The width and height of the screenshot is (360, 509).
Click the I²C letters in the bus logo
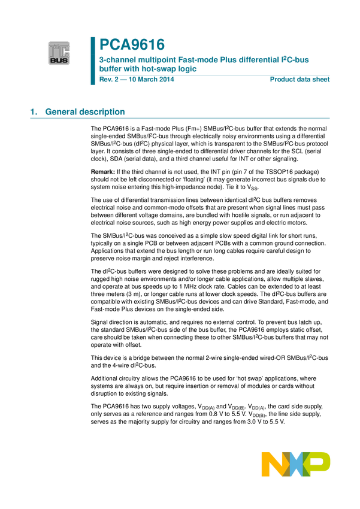click(x=59, y=50)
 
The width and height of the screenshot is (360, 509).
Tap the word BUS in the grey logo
click(x=59, y=60)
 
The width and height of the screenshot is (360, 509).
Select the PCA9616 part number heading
click(x=132, y=44)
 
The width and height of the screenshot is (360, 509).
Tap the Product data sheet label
click(x=300, y=80)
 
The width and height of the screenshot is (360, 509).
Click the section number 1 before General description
click(x=32, y=111)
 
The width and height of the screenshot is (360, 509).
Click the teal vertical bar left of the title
click(x=93, y=60)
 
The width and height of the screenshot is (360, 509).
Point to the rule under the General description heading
click(x=180, y=118)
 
